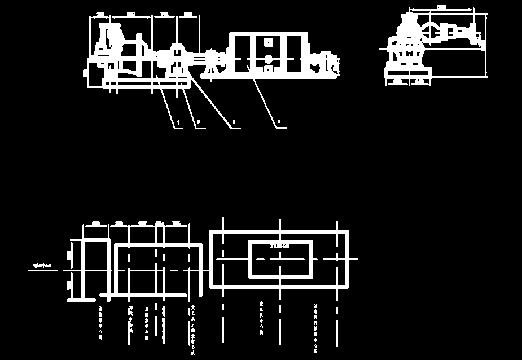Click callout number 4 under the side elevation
pos(278,122)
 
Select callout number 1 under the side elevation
pos(178,122)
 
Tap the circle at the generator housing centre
pos(269,59)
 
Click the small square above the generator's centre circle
pos(269,42)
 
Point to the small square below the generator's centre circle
pos(269,69)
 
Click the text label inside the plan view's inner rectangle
pos(279,246)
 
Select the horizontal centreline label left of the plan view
pos(42,265)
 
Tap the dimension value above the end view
pos(441,7)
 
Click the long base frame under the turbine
pos(146,84)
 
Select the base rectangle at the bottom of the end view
pos(408,72)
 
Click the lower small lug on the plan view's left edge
pos(69,286)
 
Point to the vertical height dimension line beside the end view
pos(486,45)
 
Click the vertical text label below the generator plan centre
pos(261,318)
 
